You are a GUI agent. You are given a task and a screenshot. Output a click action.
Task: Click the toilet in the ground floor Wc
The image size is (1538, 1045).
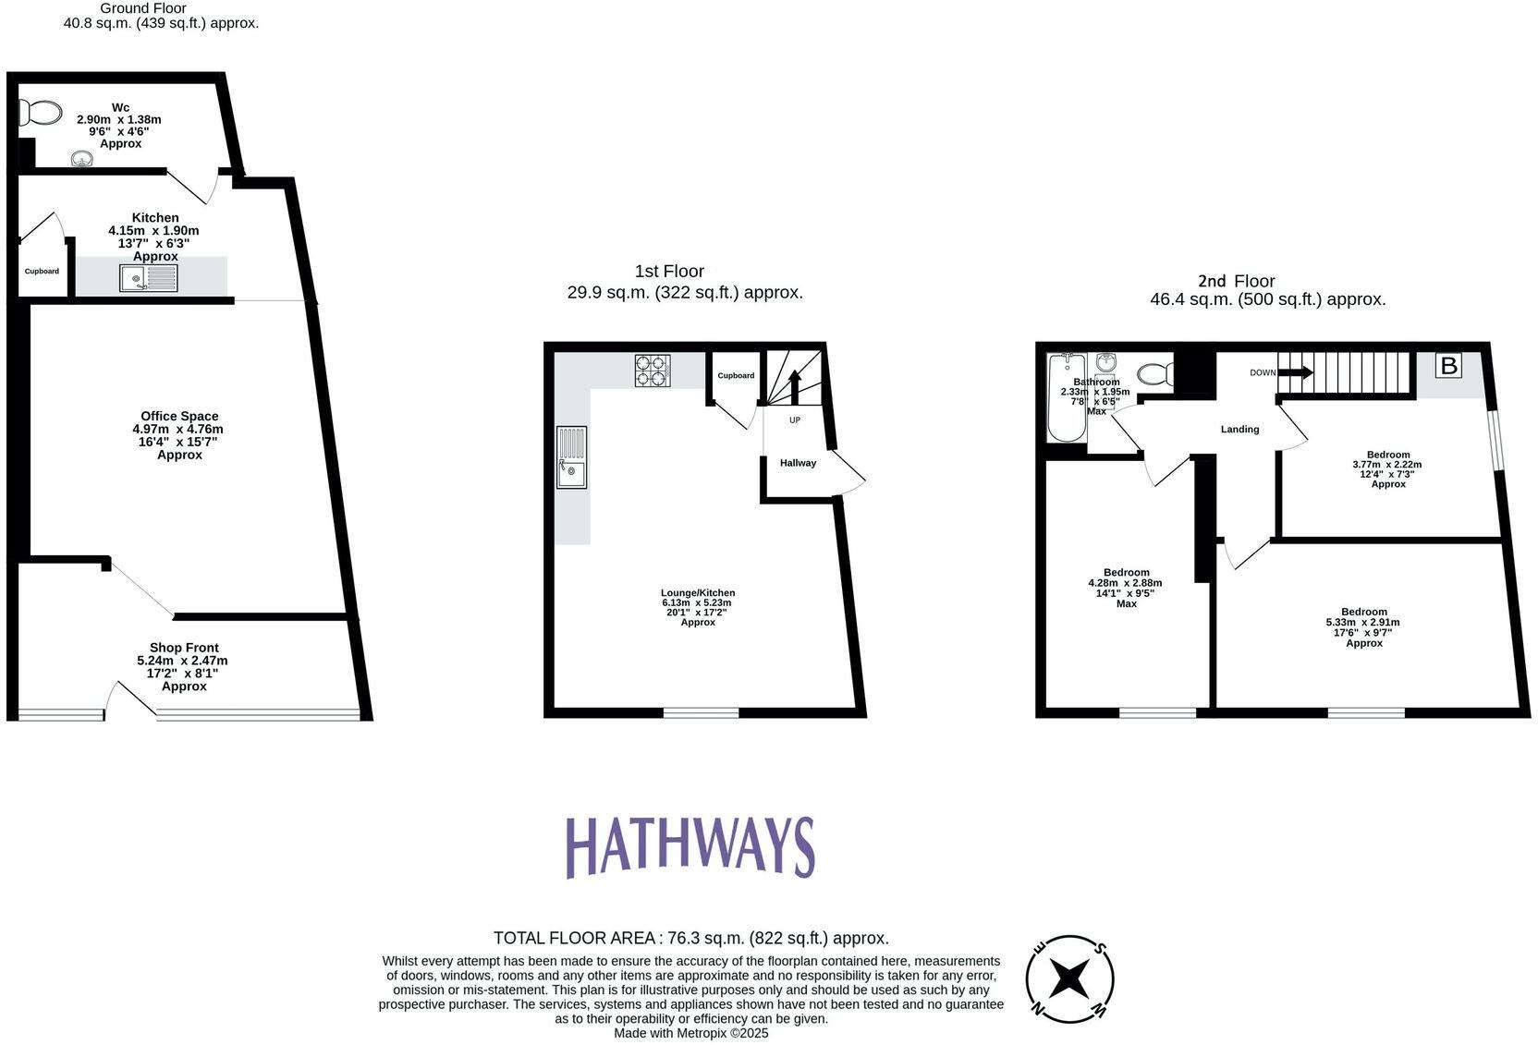coord(38,114)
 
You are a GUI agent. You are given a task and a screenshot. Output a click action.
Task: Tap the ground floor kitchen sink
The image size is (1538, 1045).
coord(148,278)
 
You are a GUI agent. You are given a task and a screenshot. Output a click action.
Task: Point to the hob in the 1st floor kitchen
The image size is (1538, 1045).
coord(652,371)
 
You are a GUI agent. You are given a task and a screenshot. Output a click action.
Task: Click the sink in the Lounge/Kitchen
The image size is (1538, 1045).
coord(571,456)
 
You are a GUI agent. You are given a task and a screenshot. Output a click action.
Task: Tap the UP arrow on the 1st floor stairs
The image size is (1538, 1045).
coord(794,385)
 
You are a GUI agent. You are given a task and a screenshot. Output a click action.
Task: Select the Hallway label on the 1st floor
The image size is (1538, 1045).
coord(798,463)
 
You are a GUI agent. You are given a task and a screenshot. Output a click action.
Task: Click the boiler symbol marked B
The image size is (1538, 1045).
coord(1448,366)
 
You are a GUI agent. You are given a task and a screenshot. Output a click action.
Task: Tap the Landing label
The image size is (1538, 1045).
coord(1239,429)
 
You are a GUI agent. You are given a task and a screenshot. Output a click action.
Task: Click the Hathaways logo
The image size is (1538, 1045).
coord(690,846)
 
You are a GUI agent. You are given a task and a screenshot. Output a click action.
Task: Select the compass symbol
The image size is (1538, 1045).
coord(1069,978)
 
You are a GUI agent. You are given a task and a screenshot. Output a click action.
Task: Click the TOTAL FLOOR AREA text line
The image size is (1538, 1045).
coord(690,938)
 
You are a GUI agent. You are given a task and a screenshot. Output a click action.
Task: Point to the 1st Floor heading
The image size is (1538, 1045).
coord(669,272)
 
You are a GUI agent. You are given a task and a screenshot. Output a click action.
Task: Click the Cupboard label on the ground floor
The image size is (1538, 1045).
coord(42,272)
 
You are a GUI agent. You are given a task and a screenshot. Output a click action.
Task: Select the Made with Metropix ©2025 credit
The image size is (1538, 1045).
coord(690,1033)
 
